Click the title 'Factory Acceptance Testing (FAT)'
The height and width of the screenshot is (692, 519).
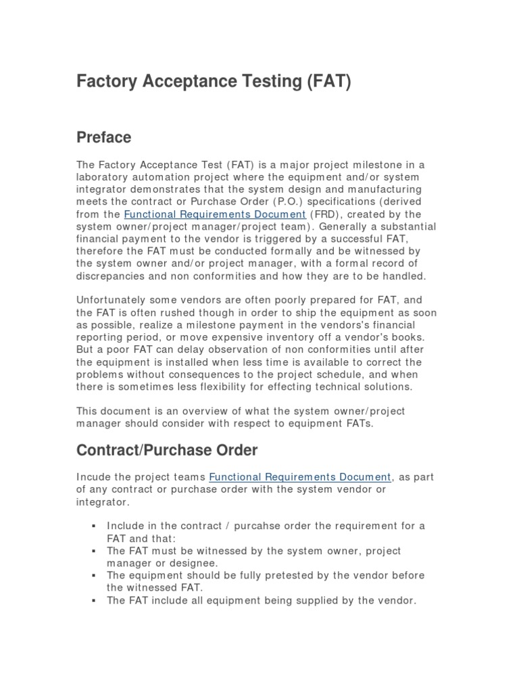point(214,83)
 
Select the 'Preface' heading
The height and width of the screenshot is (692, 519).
point(103,137)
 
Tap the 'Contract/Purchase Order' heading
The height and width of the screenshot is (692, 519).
point(166,449)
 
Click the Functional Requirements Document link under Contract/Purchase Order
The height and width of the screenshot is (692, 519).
point(299,476)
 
